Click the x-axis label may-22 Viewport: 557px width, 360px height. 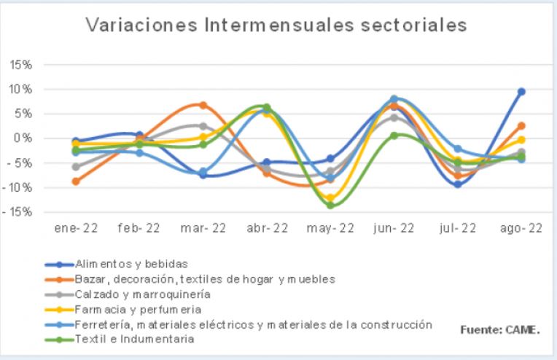pos(330,228)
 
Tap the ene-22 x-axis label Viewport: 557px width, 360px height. pos(75,228)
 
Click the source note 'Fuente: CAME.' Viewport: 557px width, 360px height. pos(499,329)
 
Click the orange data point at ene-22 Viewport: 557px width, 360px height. pos(76,181)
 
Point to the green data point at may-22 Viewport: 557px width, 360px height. pos(330,206)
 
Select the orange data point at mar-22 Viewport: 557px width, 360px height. pos(203,105)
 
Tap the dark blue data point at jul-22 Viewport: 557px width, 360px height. pos(458,184)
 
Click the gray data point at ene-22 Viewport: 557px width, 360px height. pos(76,167)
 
